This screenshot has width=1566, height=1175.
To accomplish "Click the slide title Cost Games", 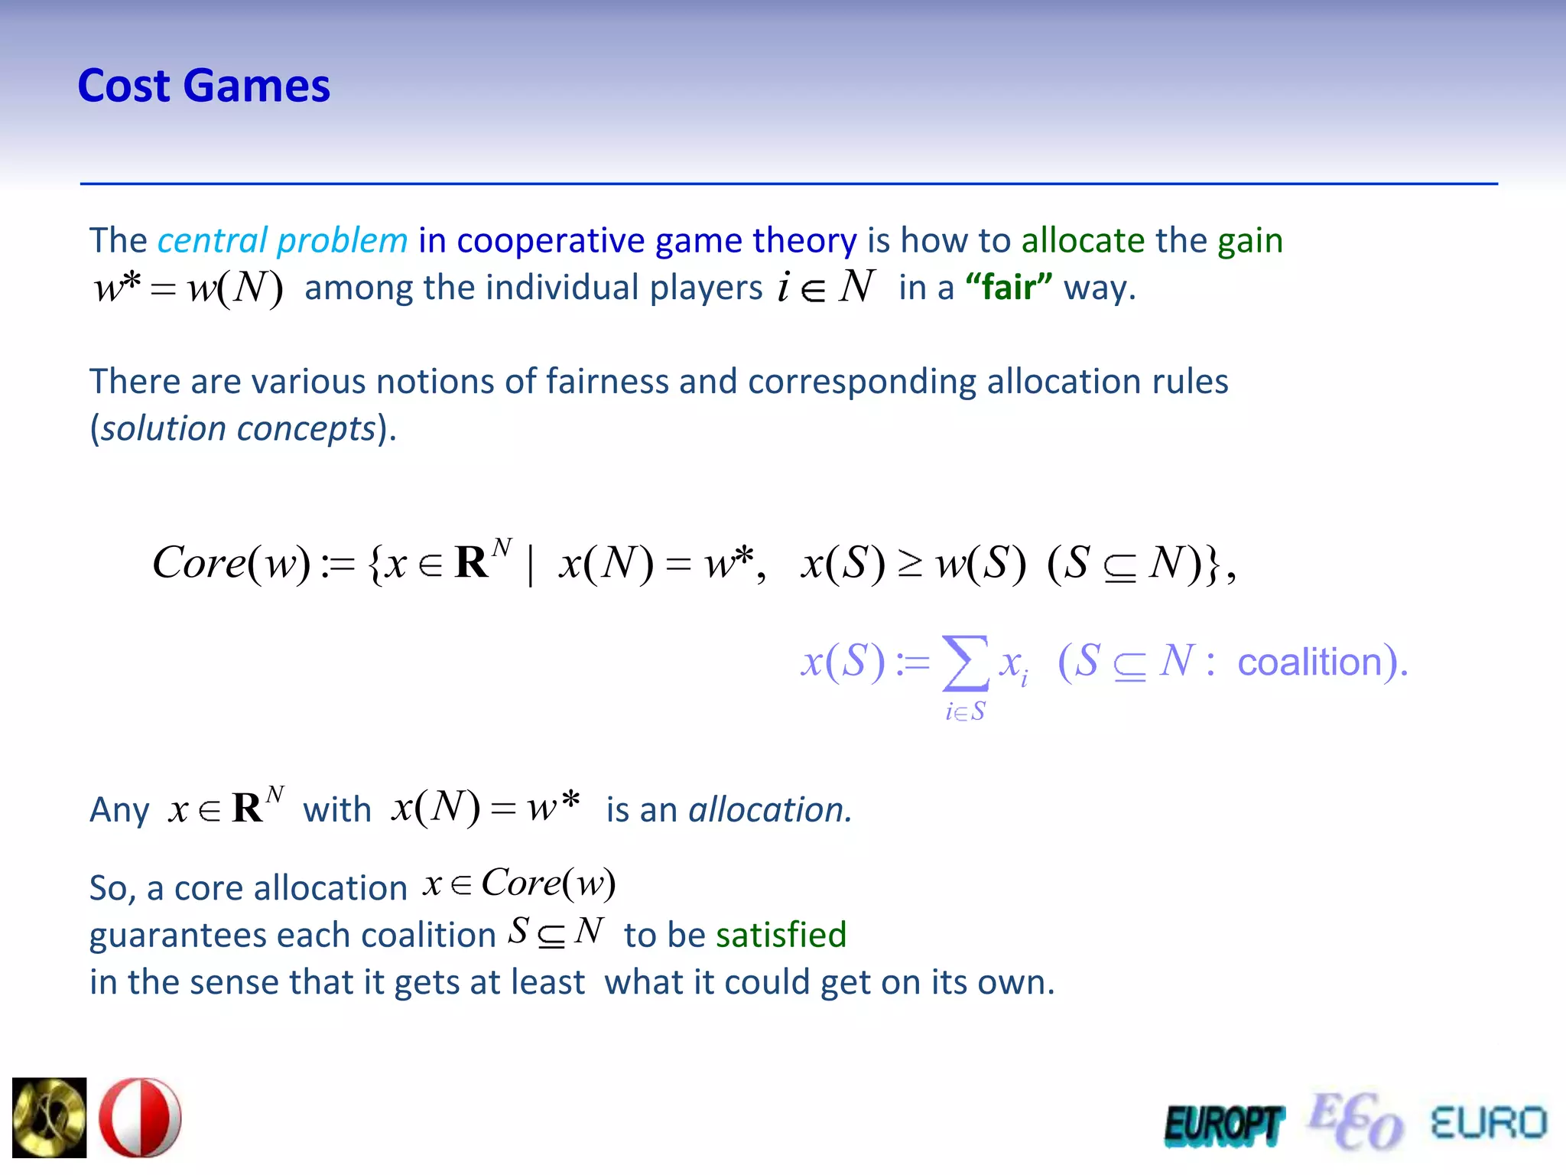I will [204, 86].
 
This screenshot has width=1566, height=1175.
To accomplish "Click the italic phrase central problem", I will [282, 241].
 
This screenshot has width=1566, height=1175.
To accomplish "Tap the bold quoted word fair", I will [1009, 288].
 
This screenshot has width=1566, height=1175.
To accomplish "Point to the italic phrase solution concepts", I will [239, 428].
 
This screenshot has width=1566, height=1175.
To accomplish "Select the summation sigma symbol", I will [965, 662].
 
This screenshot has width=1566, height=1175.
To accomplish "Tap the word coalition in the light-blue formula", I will [1310, 662].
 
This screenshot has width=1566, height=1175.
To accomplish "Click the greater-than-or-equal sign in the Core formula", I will [910, 565].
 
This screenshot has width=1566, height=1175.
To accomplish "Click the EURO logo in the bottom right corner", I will [1488, 1123].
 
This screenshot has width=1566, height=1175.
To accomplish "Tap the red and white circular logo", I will [141, 1117].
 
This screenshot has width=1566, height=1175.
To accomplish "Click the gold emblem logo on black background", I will [50, 1117].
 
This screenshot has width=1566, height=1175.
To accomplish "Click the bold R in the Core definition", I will [471, 564].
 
